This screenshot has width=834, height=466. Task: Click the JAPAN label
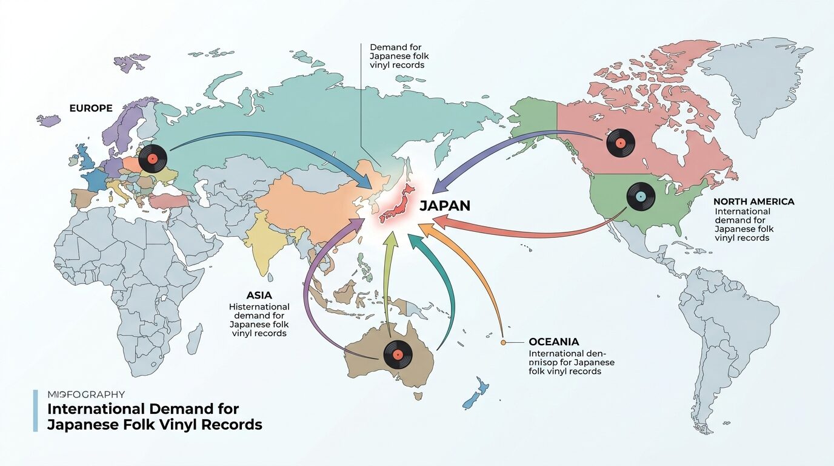pos(444,206)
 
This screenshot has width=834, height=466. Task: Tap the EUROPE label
pos(91,108)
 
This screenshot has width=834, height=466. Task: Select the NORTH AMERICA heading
pos(753,201)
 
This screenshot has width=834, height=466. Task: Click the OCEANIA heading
pos(553,342)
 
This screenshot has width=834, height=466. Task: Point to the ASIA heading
pos(259,295)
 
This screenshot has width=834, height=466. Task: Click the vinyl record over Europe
pos(152,159)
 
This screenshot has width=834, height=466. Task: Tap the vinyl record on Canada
pos(620,144)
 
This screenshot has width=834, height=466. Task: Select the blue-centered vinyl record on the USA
pos(641,197)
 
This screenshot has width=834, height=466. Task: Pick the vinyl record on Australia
pos(398,354)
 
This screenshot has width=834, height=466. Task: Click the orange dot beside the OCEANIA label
pos(503,343)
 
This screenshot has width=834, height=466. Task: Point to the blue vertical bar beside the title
pos(35,411)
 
